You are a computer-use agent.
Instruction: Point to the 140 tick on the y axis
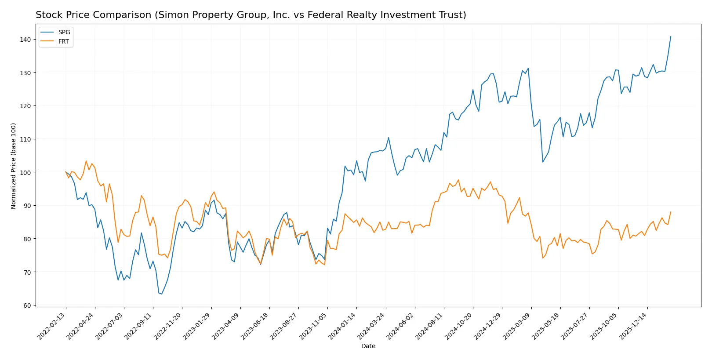point(25,40)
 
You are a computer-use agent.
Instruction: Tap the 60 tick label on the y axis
point(27,305)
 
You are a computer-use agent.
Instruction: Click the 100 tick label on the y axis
point(25,172)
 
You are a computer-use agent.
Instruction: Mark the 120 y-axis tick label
point(25,106)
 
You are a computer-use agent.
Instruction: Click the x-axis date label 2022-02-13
point(51,326)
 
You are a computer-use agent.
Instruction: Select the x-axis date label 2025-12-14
point(633,326)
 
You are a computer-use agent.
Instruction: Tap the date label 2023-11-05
point(313,326)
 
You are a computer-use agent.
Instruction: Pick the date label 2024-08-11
point(429,326)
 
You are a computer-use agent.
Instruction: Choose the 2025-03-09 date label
point(516,326)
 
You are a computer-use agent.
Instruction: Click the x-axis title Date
point(368,346)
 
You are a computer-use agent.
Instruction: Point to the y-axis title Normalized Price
point(14,166)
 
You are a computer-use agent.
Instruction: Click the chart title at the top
point(251,15)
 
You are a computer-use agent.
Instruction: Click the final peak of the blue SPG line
point(671,36)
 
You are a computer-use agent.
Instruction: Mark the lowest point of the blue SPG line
point(162,294)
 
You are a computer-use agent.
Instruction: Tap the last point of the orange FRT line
point(671,212)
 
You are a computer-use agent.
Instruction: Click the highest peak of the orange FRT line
point(86,161)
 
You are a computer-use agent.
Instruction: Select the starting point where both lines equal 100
point(66,172)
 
